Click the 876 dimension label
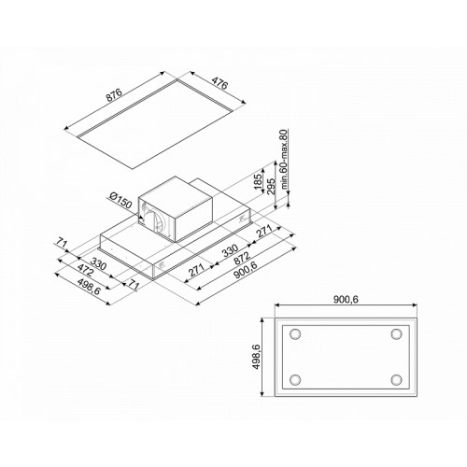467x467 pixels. click(x=115, y=94)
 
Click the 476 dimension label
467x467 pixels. click(x=219, y=83)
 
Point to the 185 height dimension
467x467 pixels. click(x=258, y=181)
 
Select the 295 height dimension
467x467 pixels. click(x=271, y=186)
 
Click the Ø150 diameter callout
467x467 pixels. click(x=120, y=201)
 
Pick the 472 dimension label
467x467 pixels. click(x=85, y=270)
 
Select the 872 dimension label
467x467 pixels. click(x=242, y=258)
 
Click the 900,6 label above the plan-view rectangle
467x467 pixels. click(x=346, y=300)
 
